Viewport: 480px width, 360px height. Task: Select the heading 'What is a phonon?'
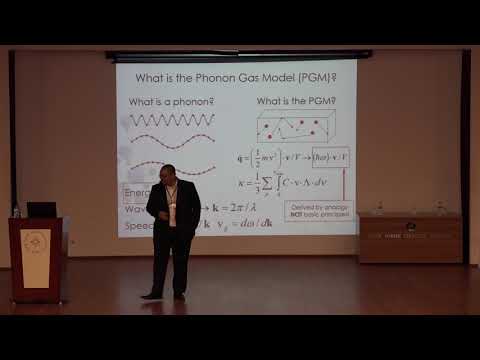166,103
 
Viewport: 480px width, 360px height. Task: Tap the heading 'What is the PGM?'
297,103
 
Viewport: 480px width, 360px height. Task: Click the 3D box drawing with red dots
295,129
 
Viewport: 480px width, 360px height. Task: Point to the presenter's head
167,174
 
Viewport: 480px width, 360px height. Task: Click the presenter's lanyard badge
170,215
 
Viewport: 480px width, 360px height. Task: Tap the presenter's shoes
165,295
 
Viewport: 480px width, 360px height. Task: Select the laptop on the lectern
40,209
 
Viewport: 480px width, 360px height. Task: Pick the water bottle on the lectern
16,210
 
